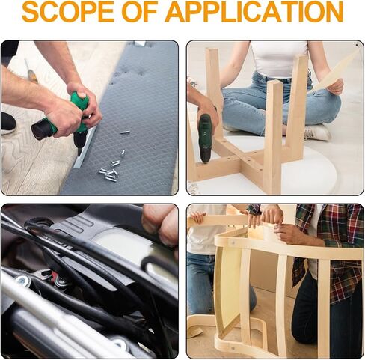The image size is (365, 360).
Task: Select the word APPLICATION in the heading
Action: coord(254,12)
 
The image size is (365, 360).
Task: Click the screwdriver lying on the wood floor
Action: coord(31,71)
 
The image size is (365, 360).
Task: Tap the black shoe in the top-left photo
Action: coord(8,123)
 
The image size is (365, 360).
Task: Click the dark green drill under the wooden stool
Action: coord(206,138)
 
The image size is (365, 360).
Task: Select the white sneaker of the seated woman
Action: coord(317,132)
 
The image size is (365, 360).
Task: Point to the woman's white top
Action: coord(279,58)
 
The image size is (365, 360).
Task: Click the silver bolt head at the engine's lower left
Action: coord(24,281)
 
